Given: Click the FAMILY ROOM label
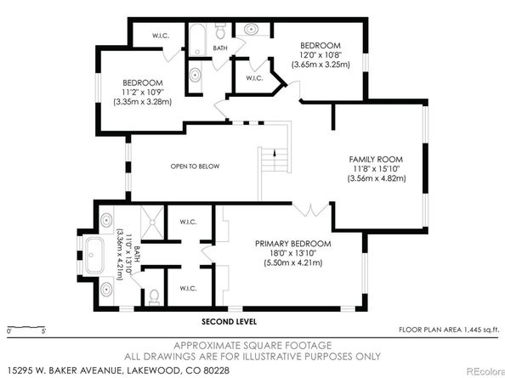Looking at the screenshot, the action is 376,159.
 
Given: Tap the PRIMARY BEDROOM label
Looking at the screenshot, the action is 292,244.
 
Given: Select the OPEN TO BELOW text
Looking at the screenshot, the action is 195,166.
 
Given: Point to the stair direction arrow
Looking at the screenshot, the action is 275,153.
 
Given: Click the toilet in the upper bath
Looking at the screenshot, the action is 220,31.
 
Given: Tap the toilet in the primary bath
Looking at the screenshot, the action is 155,297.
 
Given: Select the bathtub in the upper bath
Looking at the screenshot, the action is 197,40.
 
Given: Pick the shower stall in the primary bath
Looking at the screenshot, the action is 152,222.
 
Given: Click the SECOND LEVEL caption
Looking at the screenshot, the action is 229,321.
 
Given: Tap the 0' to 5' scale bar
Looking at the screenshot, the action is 26,327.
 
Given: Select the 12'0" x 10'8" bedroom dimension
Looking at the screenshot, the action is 321,54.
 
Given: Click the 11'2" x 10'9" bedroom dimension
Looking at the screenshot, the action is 143,92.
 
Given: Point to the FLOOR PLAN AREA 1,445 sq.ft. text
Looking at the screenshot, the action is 449,330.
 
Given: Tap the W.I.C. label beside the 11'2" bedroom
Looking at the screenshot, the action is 161,36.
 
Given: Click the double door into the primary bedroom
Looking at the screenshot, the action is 311,210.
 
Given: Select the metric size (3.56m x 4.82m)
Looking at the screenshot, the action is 377,178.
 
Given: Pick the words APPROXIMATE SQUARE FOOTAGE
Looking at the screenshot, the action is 252,346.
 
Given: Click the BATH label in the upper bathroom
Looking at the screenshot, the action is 220,48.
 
